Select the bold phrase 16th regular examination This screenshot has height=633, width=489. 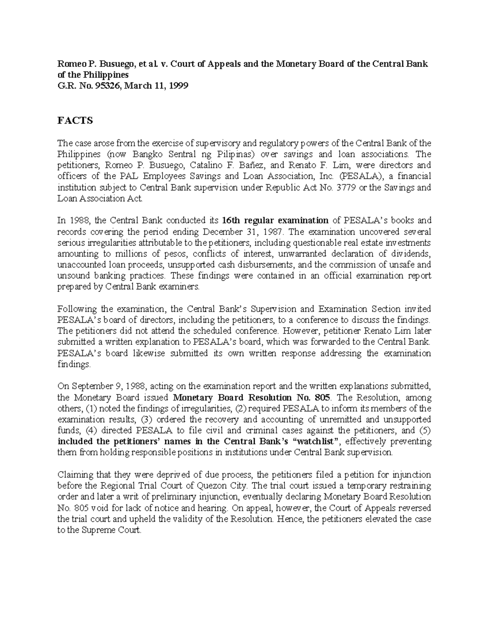click(x=275, y=221)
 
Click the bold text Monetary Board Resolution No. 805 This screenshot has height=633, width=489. click(x=252, y=397)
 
